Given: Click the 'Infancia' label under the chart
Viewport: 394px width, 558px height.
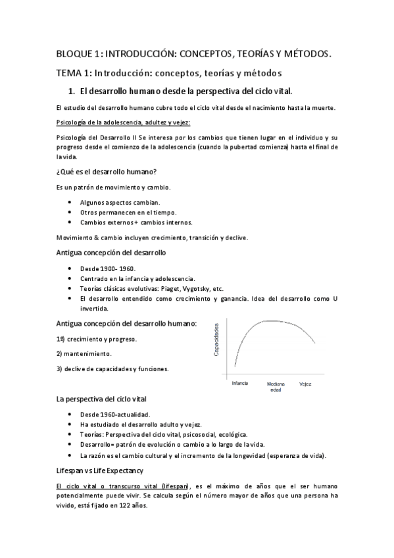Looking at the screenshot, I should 240,382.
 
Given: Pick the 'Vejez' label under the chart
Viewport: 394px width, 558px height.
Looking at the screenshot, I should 305,382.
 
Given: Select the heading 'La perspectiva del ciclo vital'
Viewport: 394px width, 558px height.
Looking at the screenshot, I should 101,399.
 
